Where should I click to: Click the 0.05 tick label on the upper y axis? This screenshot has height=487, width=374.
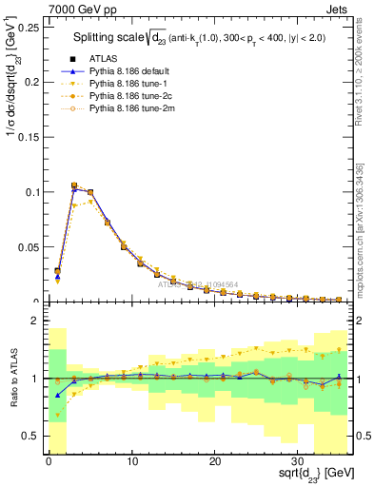pos(29,247)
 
